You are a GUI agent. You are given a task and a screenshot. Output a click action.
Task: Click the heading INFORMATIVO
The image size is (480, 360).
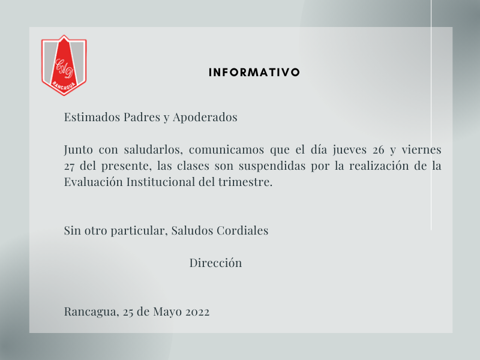click(x=254, y=72)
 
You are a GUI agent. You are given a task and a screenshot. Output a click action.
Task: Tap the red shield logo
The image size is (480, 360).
click(x=64, y=65)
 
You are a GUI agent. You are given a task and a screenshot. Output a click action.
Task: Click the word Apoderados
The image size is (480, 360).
click(x=205, y=118)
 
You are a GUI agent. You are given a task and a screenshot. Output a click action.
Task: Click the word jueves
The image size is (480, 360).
click(x=350, y=150)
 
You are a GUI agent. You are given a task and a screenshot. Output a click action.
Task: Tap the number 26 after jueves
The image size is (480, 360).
click(x=379, y=150)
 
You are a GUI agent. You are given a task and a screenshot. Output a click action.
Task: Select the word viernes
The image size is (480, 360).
click(x=422, y=149)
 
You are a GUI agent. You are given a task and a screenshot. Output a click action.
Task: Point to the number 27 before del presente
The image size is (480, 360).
click(x=69, y=167)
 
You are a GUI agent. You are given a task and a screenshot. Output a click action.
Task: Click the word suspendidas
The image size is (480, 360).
click(x=272, y=166)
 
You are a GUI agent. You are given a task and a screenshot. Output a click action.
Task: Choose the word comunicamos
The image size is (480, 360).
click(x=226, y=149)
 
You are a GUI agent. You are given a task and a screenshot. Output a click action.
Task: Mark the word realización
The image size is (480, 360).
click(x=379, y=166)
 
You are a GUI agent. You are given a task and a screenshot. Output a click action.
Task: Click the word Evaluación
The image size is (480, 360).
click(x=94, y=182)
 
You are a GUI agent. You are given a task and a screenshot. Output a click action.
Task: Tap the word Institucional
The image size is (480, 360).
click(x=161, y=182)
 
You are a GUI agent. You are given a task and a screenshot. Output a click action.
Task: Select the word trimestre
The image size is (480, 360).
click(x=245, y=182)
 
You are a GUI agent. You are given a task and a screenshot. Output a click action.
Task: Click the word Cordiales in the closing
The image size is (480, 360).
click(x=242, y=230)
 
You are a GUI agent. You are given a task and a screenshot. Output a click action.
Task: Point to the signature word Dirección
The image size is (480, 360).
click(x=215, y=263)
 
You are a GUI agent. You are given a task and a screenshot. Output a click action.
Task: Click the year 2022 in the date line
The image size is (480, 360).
click(x=197, y=312)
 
